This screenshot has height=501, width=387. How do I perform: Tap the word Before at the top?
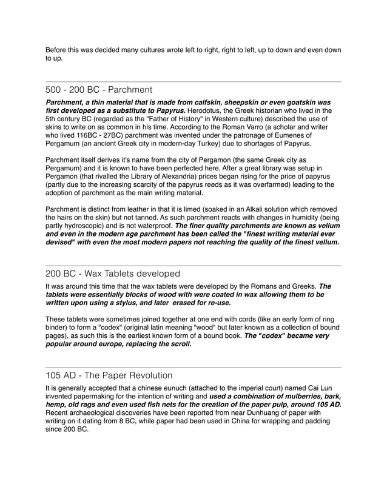pos(59,50)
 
